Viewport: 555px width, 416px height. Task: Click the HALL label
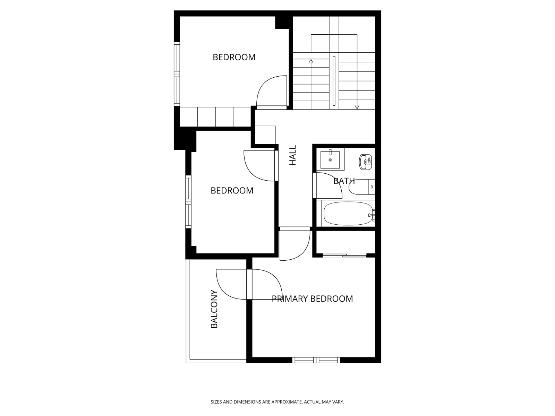click(292, 155)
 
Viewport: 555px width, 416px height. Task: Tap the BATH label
click(344, 181)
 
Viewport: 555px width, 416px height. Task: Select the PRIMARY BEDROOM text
click(312, 298)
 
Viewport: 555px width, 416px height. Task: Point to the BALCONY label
click(214, 309)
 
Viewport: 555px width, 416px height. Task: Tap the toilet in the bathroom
click(361, 187)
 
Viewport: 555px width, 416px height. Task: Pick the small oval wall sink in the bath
click(366, 162)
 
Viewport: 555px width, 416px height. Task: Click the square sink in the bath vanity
click(330, 159)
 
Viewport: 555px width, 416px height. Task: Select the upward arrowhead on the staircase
click(311, 61)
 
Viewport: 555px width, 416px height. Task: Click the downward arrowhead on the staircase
click(357, 107)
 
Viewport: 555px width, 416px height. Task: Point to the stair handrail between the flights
click(334, 81)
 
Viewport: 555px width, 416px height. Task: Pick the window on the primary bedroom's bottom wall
click(316, 360)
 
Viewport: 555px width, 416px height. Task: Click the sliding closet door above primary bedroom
click(345, 255)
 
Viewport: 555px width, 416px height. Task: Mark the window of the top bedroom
click(177, 74)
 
